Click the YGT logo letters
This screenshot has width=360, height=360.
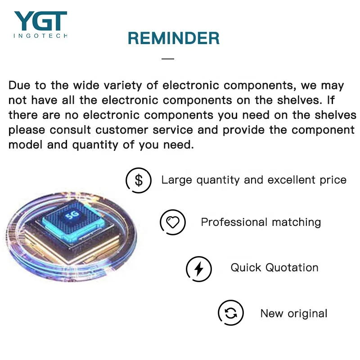click(x=40, y=21)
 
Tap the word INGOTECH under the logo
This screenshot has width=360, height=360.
click(x=40, y=36)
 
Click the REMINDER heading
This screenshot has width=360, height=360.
click(x=174, y=39)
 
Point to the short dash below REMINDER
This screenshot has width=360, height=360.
click(x=168, y=58)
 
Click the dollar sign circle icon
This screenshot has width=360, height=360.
click(x=139, y=180)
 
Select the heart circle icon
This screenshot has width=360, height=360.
click(x=173, y=222)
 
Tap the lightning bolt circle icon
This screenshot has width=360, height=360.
click(x=199, y=269)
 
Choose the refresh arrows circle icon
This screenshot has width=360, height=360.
click(x=231, y=313)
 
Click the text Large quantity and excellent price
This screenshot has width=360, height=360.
click(x=254, y=180)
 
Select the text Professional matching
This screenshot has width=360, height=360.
click(x=261, y=222)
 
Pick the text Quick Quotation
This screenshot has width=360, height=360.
click(x=274, y=268)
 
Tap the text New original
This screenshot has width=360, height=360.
click(x=294, y=314)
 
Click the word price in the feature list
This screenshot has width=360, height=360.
click(x=332, y=180)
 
